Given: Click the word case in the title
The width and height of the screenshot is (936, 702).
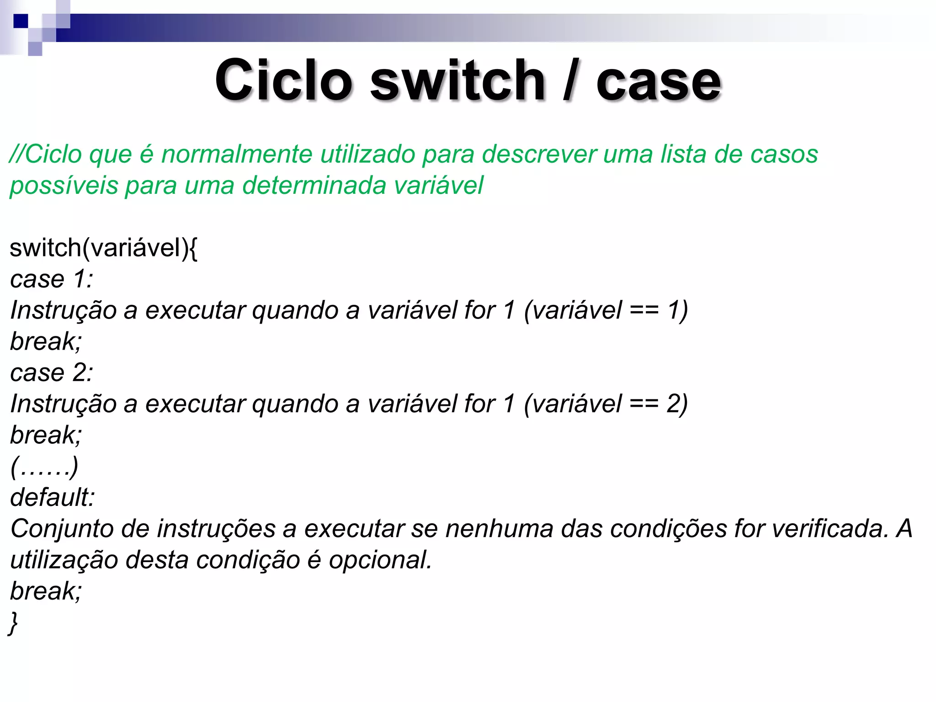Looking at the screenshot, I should coord(658,81).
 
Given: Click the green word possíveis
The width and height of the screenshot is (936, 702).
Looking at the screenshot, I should coord(64,186).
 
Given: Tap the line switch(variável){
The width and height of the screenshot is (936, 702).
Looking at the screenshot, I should coord(103,248).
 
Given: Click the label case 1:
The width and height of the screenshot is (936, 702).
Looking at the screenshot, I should coord(51,279).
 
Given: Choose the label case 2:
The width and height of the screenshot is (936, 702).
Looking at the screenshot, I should coord(51,372).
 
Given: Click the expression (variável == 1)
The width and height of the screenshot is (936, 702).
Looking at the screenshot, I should coord(606,310).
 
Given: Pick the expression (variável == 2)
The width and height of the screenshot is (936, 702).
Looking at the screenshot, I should coord(606,404).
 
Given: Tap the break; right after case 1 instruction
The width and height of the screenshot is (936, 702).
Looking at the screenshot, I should coord(46,341).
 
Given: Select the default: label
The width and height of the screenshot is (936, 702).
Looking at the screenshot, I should coord(52,497).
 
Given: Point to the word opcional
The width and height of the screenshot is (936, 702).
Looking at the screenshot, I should coord(380,560).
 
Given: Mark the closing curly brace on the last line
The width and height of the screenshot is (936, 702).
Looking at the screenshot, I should coord(13,623).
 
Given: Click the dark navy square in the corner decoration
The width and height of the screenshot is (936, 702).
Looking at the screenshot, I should coord(21,21).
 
